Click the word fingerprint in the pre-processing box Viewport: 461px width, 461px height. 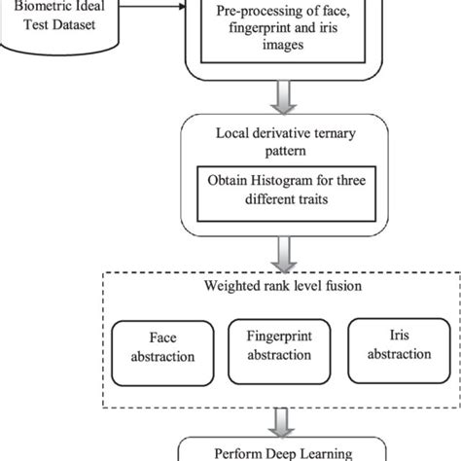[x=238, y=28]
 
